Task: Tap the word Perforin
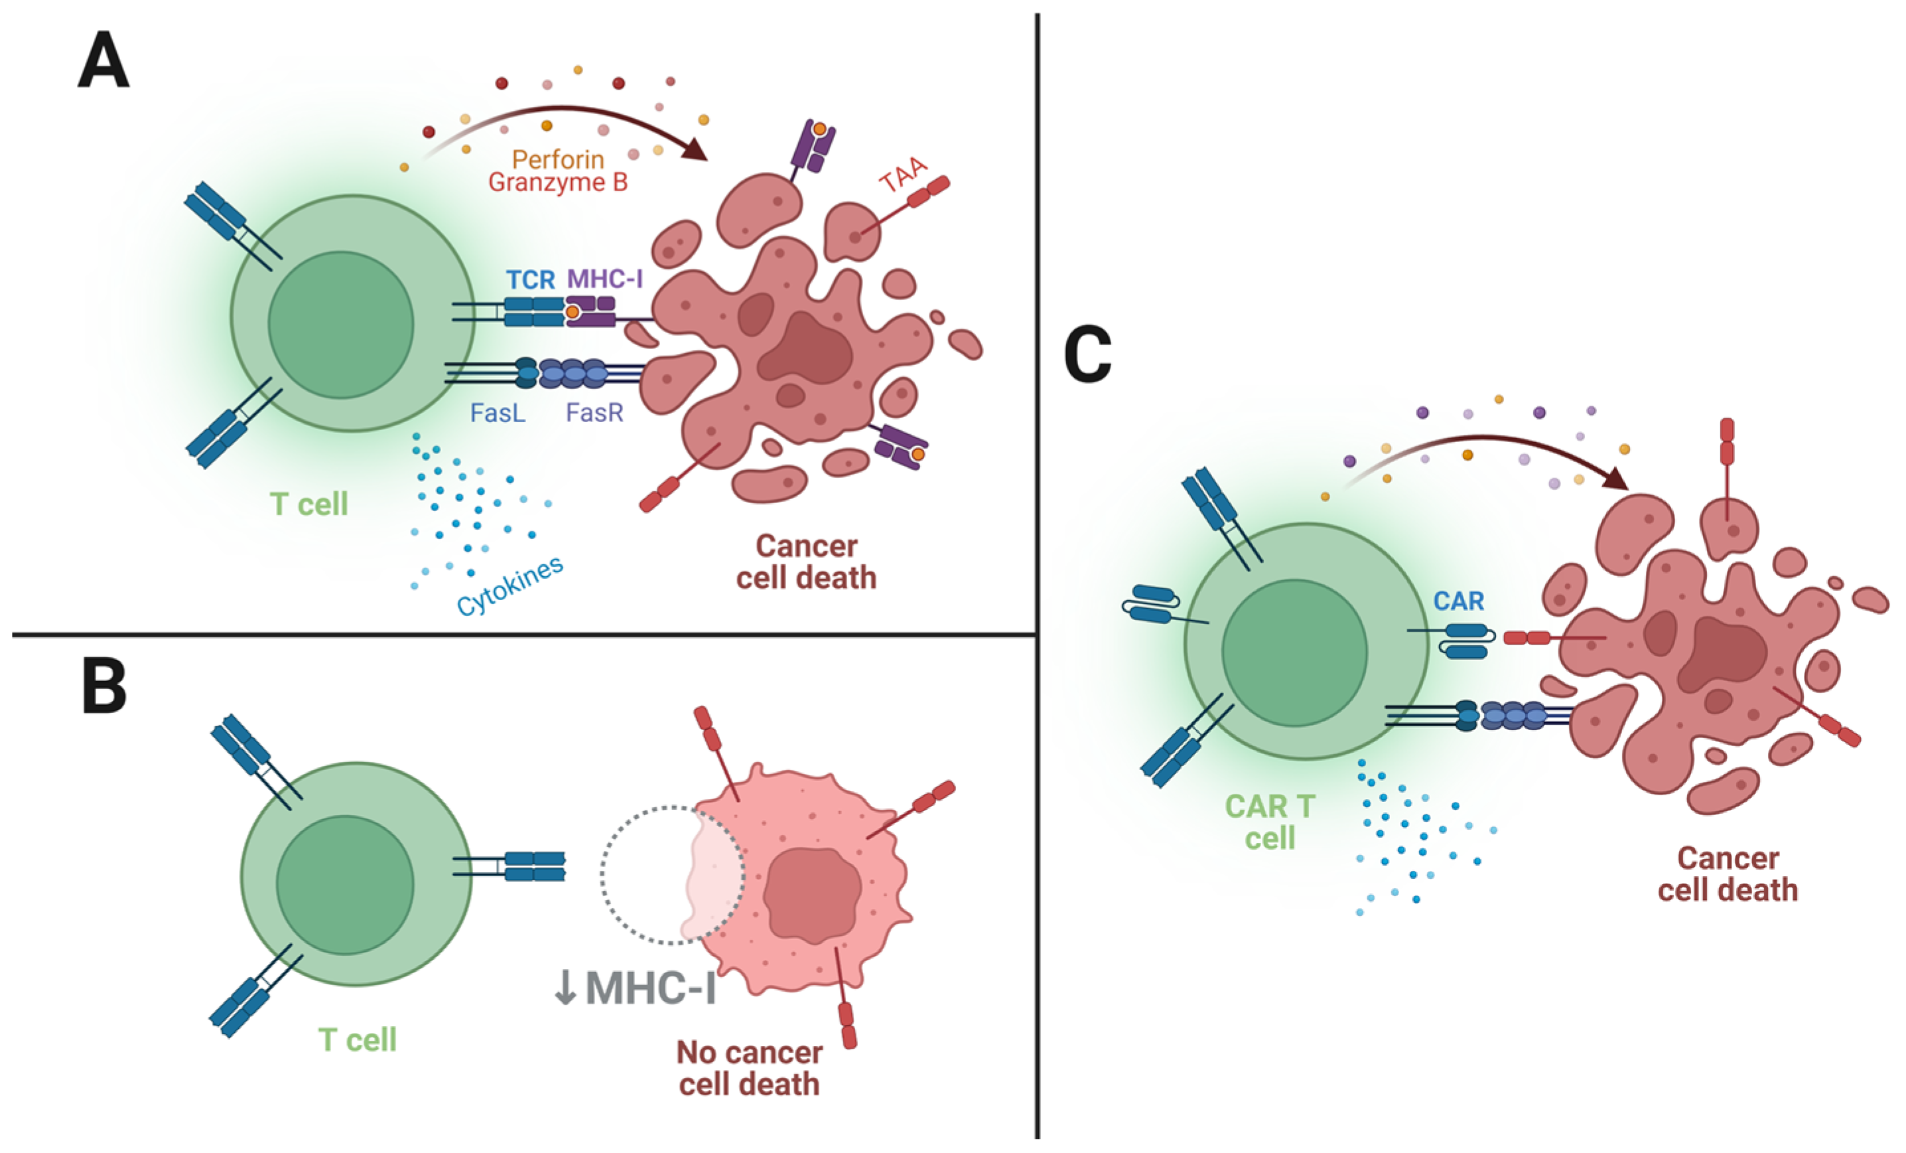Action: (558, 159)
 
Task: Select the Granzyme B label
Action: (558, 183)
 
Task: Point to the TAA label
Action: (904, 174)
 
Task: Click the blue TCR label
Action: (531, 279)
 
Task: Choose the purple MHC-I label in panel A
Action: (605, 279)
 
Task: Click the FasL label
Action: (498, 414)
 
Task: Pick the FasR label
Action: (594, 414)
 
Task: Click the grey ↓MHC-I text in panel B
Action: (634, 988)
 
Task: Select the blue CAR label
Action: (1458, 601)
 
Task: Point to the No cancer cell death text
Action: (749, 1068)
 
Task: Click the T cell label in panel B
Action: (358, 1040)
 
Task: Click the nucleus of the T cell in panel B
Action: (345, 884)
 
